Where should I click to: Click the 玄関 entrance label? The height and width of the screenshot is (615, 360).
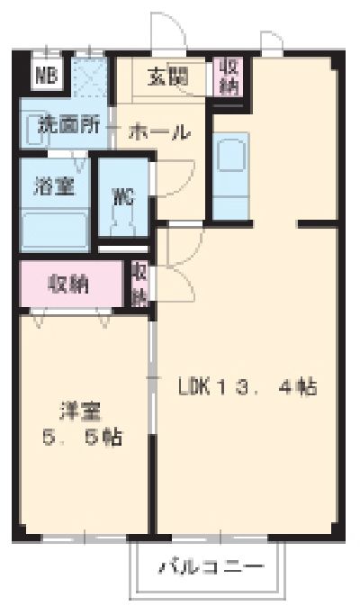[x=169, y=77]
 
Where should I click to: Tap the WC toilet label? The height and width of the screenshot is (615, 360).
[x=123, y=196]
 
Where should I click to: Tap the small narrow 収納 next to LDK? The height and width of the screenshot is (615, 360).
[x=140, y=282]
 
